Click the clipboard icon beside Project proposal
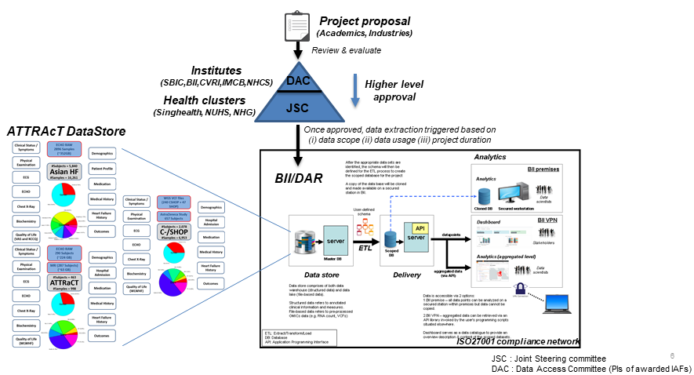[x=296, y=25]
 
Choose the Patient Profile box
[x=104, y=169]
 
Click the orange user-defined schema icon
[x=364, y=229]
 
